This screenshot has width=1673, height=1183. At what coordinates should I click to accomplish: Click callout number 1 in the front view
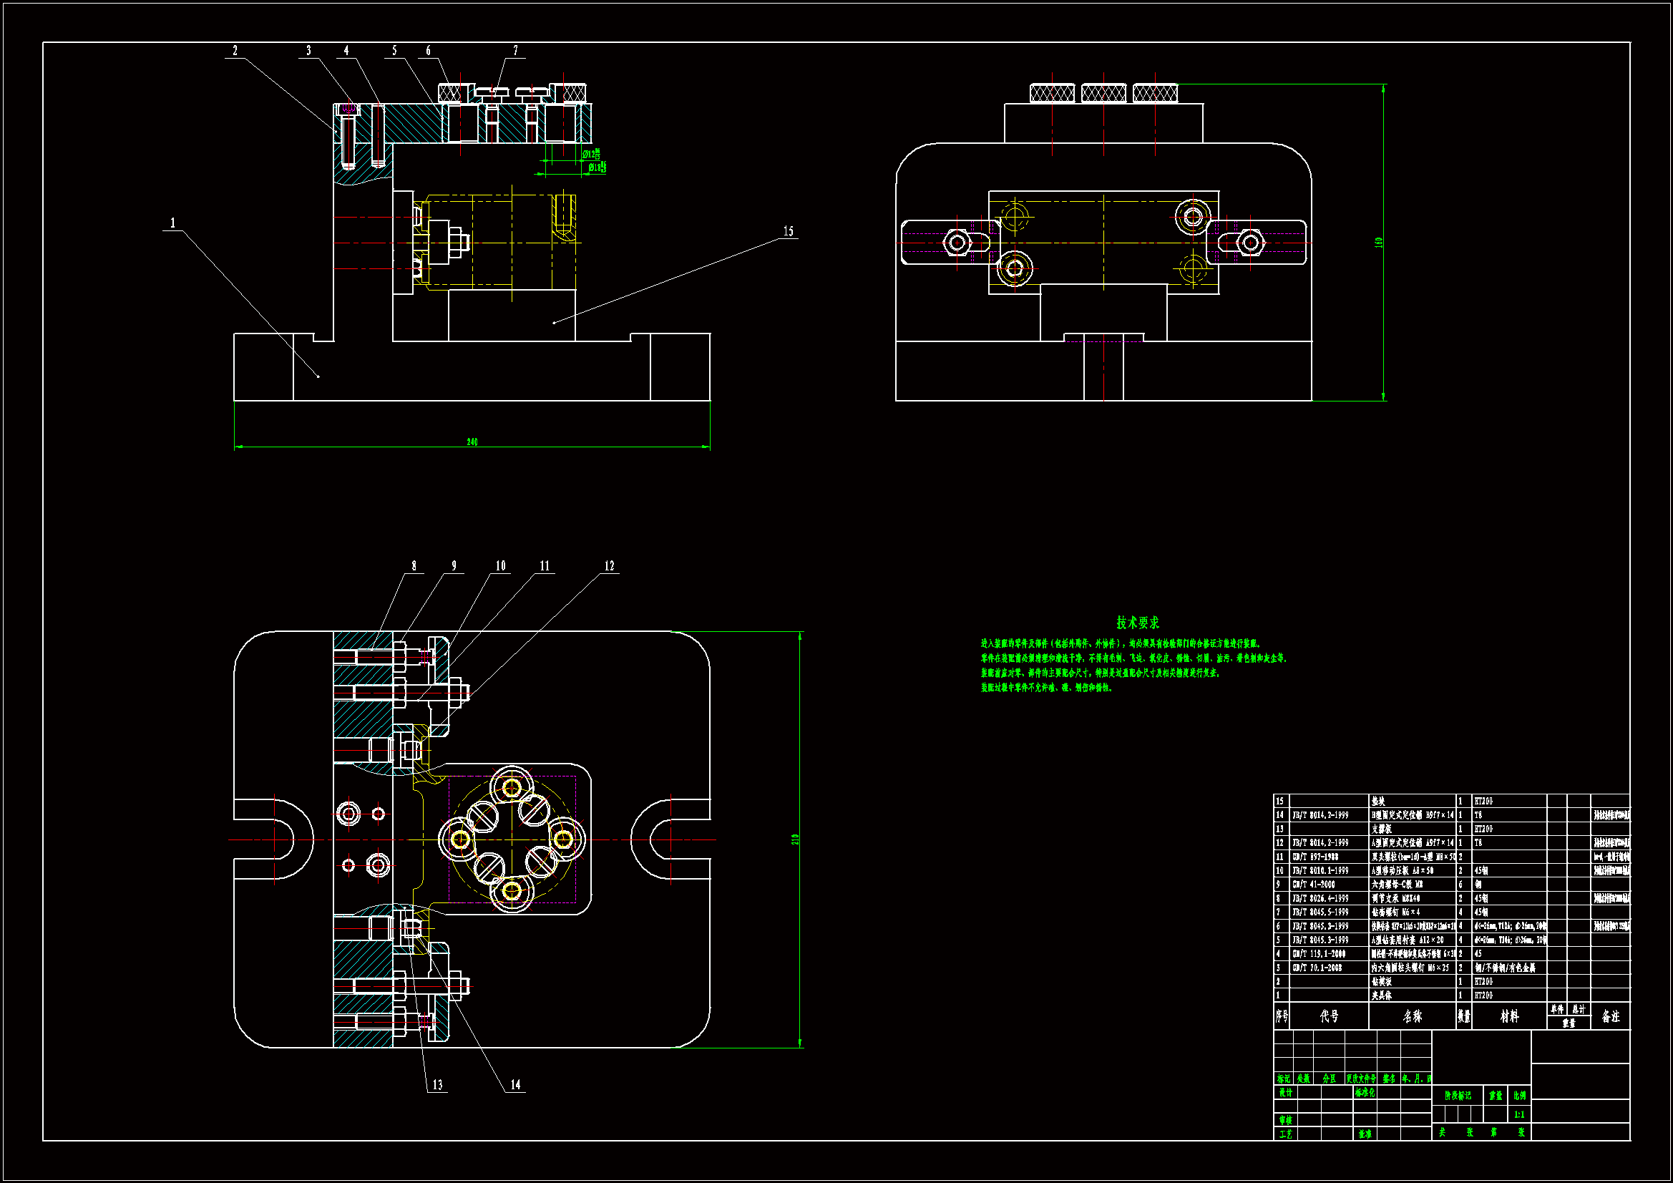(172, 223)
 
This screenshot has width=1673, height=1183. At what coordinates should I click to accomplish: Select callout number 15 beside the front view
(789, 231)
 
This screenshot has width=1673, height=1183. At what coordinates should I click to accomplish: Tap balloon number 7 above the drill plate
(516, 50)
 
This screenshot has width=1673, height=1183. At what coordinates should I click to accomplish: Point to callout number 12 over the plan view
(609, 565)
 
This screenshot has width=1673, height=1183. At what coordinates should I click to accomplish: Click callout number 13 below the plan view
(437, 1085)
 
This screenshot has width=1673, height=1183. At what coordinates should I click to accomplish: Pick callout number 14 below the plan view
(516, 1085)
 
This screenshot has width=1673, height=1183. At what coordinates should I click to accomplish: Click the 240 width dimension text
(472, 442)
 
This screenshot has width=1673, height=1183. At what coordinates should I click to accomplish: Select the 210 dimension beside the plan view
(795, 839)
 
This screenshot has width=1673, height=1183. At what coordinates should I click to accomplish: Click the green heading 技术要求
(1138, 623)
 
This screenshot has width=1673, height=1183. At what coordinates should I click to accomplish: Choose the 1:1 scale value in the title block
(1519, 1114)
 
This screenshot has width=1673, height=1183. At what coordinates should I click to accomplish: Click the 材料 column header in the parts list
(1510, 1016)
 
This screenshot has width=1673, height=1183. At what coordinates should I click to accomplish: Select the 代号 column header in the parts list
(1329, 1016)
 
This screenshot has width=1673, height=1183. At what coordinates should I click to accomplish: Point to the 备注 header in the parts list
(1610, 1016)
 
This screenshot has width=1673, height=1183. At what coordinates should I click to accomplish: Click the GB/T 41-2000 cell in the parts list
(1315, 884)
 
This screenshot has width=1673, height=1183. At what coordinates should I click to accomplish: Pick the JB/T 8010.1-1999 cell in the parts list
(1320, 870)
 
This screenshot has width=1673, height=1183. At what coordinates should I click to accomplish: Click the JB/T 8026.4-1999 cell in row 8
(1320, 898)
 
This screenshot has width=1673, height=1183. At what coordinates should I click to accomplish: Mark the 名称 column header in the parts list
(1412, 1016)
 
